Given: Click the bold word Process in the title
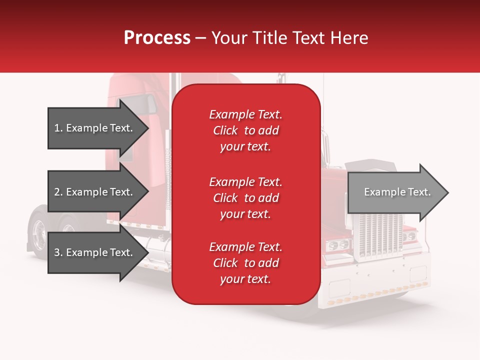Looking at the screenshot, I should click(157, 38).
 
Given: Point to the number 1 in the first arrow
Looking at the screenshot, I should click(57, 128).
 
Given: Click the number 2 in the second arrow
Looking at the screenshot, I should click(57, 192).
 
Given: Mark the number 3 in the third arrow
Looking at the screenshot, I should click(57, 252).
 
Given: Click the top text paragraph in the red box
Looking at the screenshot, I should click(245, 130).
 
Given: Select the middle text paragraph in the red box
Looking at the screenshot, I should click(245, 198).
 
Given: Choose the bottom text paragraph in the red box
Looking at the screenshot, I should click(245, 263).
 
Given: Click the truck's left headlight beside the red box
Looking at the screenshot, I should click(338, 245).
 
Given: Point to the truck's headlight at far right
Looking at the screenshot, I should click(409, 235).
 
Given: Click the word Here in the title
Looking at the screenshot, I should click(350, 38).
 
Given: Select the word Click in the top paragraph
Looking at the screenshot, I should click(225, 130).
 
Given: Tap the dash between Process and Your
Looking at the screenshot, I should click(201, 38).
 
